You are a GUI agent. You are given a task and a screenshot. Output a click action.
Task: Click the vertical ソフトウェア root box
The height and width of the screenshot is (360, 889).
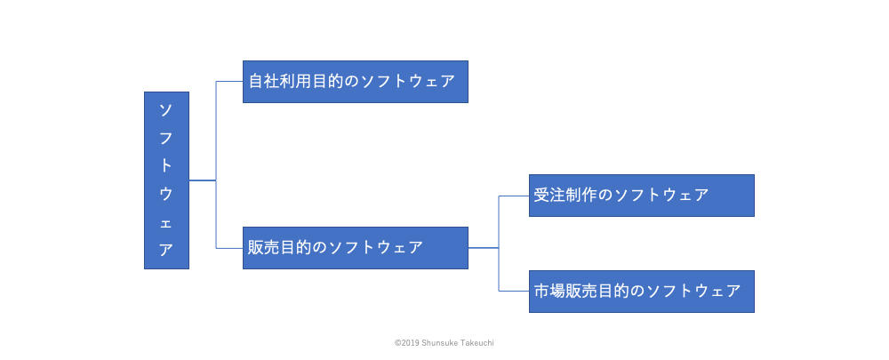pyautogui.click(x=166, y=180)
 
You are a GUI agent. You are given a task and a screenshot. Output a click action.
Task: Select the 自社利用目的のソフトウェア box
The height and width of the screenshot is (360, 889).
pyautogui.click(x=356, y=82)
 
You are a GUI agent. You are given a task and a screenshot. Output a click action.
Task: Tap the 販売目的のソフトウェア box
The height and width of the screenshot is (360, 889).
pyautogui.click(x=356, y=248)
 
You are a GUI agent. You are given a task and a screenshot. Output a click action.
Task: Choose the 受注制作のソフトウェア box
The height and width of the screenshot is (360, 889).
pyautogui.click(x=641, y=196)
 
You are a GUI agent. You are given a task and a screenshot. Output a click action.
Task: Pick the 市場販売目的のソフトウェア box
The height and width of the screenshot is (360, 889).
pyautogui.click(x=641, y=292)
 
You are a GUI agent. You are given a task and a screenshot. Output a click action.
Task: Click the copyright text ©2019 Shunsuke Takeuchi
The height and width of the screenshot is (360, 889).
pyautogui.click(x=444, y=343)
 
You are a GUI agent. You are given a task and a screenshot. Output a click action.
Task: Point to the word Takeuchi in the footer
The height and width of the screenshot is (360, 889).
pyautogui.click(x=477, y=343)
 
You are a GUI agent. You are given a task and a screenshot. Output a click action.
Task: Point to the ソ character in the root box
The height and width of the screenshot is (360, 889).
pyautogui.click(x=166, y=110)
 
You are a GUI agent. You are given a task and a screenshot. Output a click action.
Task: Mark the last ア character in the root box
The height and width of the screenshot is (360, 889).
pyautogui.click(x=166, y=250)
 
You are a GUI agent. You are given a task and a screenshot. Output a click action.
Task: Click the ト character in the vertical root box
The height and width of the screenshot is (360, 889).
pyautogui.click(x=166, y=166)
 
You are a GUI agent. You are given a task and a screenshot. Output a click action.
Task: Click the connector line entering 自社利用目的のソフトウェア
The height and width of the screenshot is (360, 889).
pyautogui.click(x=229, y=82)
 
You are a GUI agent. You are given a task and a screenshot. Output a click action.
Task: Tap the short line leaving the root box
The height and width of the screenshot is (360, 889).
pyautogui.click(x=203, y=180)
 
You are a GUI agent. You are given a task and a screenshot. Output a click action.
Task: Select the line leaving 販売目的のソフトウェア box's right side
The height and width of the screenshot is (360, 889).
pyautogui.click(x=484, y=248)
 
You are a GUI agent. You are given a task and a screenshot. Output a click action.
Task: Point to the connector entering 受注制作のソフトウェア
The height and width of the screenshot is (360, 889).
pyautogui.click(x=514, y=196)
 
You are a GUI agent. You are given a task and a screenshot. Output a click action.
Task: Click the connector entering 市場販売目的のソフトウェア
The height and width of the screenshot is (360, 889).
pyautogui.click(x=514, y=292)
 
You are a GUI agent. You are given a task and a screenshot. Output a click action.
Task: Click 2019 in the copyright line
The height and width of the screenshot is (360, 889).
pyautogui.click(x=409, y=343)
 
